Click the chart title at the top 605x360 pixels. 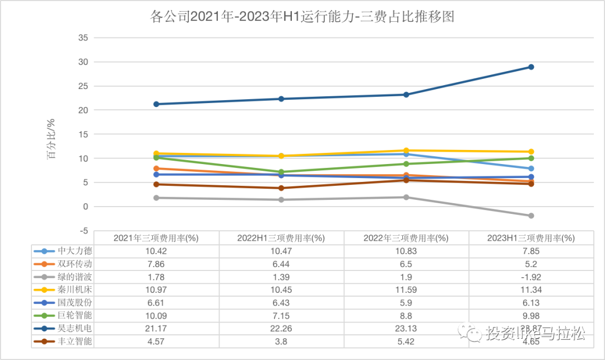[302, 17]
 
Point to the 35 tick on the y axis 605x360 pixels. [83, 38]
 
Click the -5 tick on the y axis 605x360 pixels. [83, 231]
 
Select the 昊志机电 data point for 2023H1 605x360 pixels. [531, 67]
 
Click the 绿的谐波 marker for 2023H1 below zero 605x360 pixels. [531, 216]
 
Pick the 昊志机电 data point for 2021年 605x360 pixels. [157, 104]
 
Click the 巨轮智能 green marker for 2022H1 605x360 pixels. [282, 172]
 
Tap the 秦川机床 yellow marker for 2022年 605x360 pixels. [407, 151]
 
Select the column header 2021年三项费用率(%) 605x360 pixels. [157, 238]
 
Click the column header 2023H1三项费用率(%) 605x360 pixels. [531, 238]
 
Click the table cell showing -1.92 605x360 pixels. [531, 277]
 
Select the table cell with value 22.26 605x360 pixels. [282, 328]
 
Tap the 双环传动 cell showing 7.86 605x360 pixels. [157, 264]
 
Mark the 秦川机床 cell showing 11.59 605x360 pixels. [407, 289]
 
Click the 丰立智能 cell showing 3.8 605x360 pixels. [282, 340]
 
